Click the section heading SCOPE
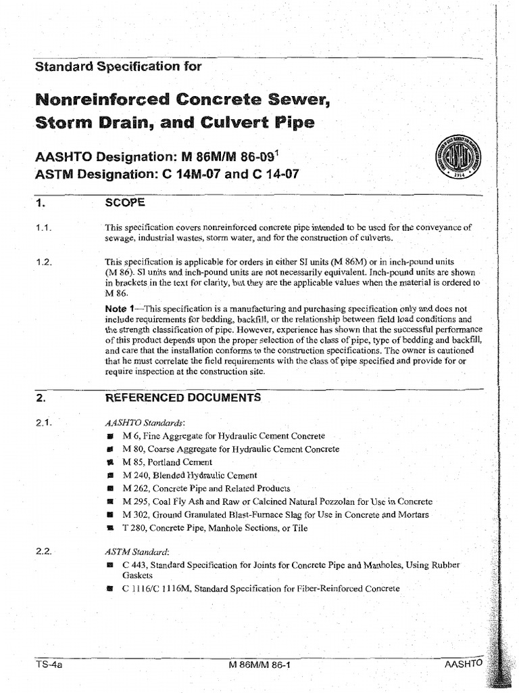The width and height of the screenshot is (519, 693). click(124, 202)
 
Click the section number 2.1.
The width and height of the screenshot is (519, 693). click(43, 423)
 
